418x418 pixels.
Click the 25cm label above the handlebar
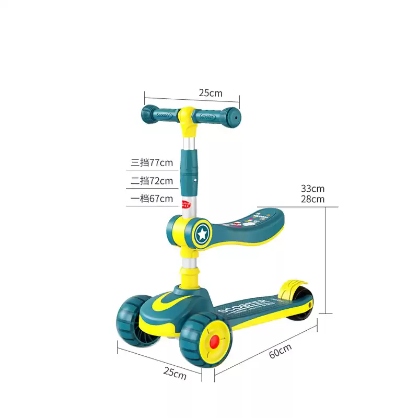point(211,93)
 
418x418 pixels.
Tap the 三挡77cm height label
point(152,162)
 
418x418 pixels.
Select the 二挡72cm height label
point(152,181)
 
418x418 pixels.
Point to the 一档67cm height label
point(152,199)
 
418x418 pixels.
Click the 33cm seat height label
point(312,189)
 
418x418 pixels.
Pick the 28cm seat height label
point(312,199)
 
